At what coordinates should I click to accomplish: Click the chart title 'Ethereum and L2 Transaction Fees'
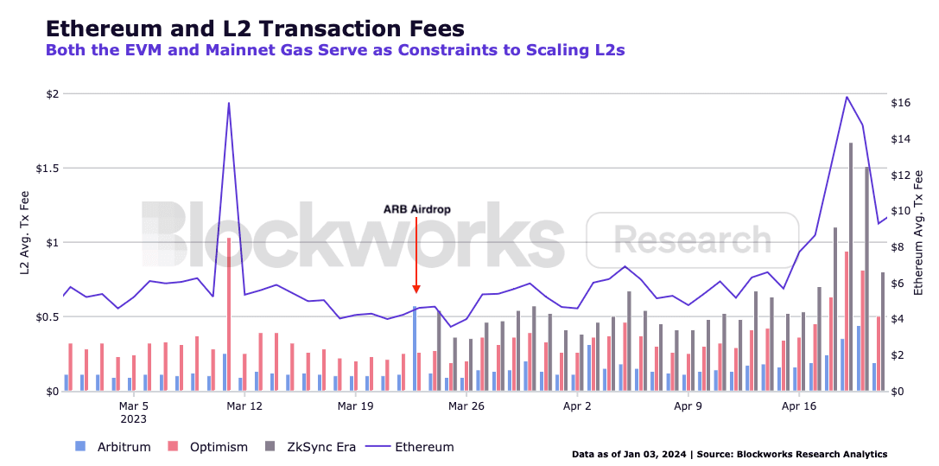tap(254, 28)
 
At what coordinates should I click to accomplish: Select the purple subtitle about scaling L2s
tap(334, 50)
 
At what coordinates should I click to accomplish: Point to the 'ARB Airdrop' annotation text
tap(416, 209)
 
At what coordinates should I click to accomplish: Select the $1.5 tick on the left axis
tap(41, 169)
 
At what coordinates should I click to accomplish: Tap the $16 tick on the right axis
tap(901, 103)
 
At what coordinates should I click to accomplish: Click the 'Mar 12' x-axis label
tap(244, 405)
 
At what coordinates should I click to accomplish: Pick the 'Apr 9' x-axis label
tap(688, 405)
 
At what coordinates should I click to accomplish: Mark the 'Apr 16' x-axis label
tap(798, 405)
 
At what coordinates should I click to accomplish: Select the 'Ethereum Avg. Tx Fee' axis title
tap(918, 231)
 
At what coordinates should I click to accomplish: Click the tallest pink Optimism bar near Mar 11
tap(228, 315)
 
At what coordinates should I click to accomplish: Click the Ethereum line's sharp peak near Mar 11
tap(228, 103)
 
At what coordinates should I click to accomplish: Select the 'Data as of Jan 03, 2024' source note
tap(729, 454)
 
